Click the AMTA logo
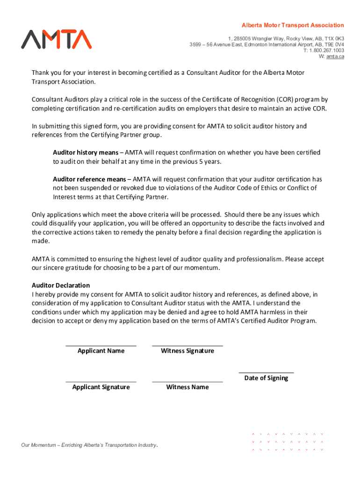point(56,39)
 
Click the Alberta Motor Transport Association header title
point(292,25)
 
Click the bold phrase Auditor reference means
point(89,179)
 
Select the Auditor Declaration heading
point(60,285)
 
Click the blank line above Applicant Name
point(101,345)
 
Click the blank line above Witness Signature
point(187,345)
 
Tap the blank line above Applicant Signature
point(101,381)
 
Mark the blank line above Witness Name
point(187,381)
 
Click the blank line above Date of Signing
point(266,372)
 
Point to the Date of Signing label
point(266,378)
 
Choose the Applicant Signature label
point(101,387)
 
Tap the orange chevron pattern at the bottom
point(287,442)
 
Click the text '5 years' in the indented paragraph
point(210,161)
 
